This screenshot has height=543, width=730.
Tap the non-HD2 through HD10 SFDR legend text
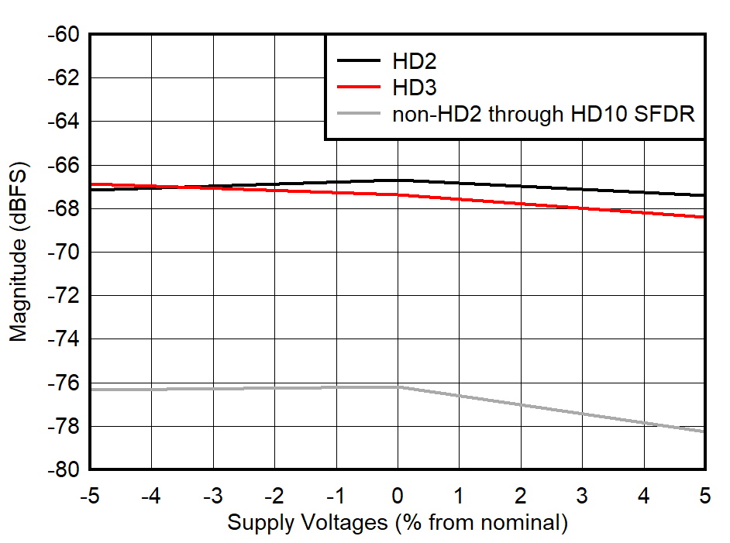pyautogui.click(x=543, y=114)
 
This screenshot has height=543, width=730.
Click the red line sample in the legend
pyautogui.click(x=358, y=87)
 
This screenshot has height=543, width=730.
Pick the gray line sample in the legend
pyautogui.click(x=358, y=114)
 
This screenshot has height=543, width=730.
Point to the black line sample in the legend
pyautogui.click(x=358, y=60)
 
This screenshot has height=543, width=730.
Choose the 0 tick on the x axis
pyautogui.click(x=398, y=493)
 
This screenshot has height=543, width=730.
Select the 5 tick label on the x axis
pyautogui.click(x=704, y=493)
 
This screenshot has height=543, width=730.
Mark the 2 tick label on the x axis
pyautogui.click(x=521, y=493)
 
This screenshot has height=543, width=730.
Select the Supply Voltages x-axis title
pyautogui.click(x=397, y=523)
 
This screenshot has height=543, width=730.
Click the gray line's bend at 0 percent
pyautogui.click(x=398, y=387)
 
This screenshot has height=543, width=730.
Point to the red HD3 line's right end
pyautogui.click(x=704, y=217)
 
